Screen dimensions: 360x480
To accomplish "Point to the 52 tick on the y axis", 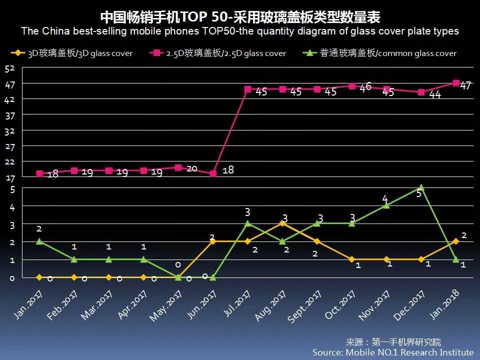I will pyautogui.click(x=10, y=68).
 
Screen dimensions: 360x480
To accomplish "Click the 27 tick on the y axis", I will pyautogui.click(x=10, y=146).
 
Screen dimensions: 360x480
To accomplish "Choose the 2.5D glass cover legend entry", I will pyautogui.click(x=220, y=52).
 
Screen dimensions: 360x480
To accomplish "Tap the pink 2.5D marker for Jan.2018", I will pyautogui.click(x=456, y=83).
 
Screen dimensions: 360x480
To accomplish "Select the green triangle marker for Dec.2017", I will pyautogui.click(x=421, y=188).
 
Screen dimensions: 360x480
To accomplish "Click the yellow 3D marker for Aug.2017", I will pyautogui.click(x=282, y=223).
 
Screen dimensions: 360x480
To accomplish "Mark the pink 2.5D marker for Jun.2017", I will pyautogui.click(x=213, y=174).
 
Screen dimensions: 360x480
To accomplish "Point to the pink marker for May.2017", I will pyautogui.click(x=178, y=167).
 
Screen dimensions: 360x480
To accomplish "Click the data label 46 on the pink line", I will pyautogui.click(x=365, y=86).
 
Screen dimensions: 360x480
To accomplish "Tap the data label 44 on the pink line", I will pyautogui.click(x=435, y=95).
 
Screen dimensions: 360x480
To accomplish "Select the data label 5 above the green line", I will pyautogui.click(x=419, y=193).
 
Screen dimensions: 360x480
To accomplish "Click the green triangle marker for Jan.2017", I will pyautogui.click(x=39, y=241).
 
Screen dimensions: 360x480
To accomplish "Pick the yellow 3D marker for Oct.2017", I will pyautogui.click(x=352, y=259).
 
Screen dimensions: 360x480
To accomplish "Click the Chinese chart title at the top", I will pyautogui.click(x=240, y=17).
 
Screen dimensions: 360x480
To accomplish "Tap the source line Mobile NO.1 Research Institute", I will pyautogui.click(x=393, y=352).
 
